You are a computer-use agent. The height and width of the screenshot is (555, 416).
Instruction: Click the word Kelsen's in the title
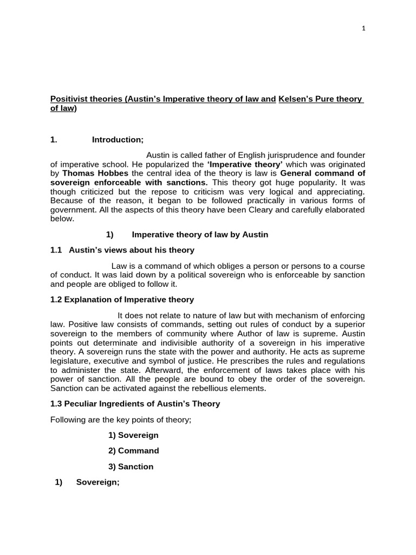coord(296,99)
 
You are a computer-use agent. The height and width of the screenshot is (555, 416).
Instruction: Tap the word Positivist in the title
coord(69,99)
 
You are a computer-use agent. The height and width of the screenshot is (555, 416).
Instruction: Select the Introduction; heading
coord(118,140)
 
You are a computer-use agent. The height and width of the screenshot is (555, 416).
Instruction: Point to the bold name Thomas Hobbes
coord(85,173)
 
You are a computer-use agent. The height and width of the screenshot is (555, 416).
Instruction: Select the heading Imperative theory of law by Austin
coord(200,235)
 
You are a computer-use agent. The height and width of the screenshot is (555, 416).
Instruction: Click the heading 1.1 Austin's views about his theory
coord(122,250)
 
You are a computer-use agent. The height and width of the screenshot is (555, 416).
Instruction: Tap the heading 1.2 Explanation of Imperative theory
coord(122,300)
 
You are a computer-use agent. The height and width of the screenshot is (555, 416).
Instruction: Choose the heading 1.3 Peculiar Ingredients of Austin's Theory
coord(135,404)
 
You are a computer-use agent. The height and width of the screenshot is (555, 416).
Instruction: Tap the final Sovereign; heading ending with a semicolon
coord(97,482)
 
